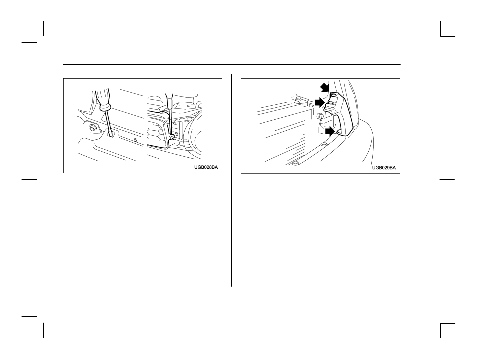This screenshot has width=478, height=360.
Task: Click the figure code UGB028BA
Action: coord(206,167)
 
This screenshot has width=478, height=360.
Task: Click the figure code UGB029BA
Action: coord(384,168)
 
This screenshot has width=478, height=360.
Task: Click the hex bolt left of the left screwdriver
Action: coord(92,128)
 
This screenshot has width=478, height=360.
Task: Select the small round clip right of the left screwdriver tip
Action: coord(135,140)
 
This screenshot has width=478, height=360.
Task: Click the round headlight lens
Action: coord(195,136)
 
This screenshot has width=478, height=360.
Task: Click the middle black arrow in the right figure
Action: coord(319,102)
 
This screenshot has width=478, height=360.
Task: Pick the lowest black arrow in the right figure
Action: coord(329,132)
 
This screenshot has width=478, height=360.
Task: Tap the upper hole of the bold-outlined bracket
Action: coord(333,96)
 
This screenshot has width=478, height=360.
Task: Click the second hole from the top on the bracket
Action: coord(330,105)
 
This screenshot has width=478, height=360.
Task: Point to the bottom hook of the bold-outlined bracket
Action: coord(340,132)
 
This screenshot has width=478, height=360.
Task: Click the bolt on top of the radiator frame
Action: coord(297,99)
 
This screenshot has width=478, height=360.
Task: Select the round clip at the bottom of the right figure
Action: coord(295,164)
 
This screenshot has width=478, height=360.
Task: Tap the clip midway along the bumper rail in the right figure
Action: coord(323,144)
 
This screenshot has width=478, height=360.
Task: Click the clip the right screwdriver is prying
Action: coord(171,136)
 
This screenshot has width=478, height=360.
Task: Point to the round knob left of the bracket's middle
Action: coord(320,116)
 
